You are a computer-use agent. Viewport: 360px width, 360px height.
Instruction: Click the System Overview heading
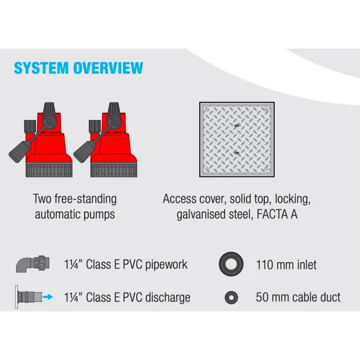(79, 67)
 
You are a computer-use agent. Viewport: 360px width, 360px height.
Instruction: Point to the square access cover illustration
(238, 139)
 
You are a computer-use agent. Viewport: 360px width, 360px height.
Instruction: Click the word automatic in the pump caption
(58, 214)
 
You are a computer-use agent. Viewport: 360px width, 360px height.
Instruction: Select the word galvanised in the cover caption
(206, 214)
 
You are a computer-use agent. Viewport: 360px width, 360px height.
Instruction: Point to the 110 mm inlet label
(286, 265)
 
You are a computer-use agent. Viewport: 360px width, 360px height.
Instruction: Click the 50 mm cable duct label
(298, 297)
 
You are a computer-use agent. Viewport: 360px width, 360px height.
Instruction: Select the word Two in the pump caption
(44, 199)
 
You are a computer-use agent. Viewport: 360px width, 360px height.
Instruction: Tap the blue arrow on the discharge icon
(50, 296)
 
